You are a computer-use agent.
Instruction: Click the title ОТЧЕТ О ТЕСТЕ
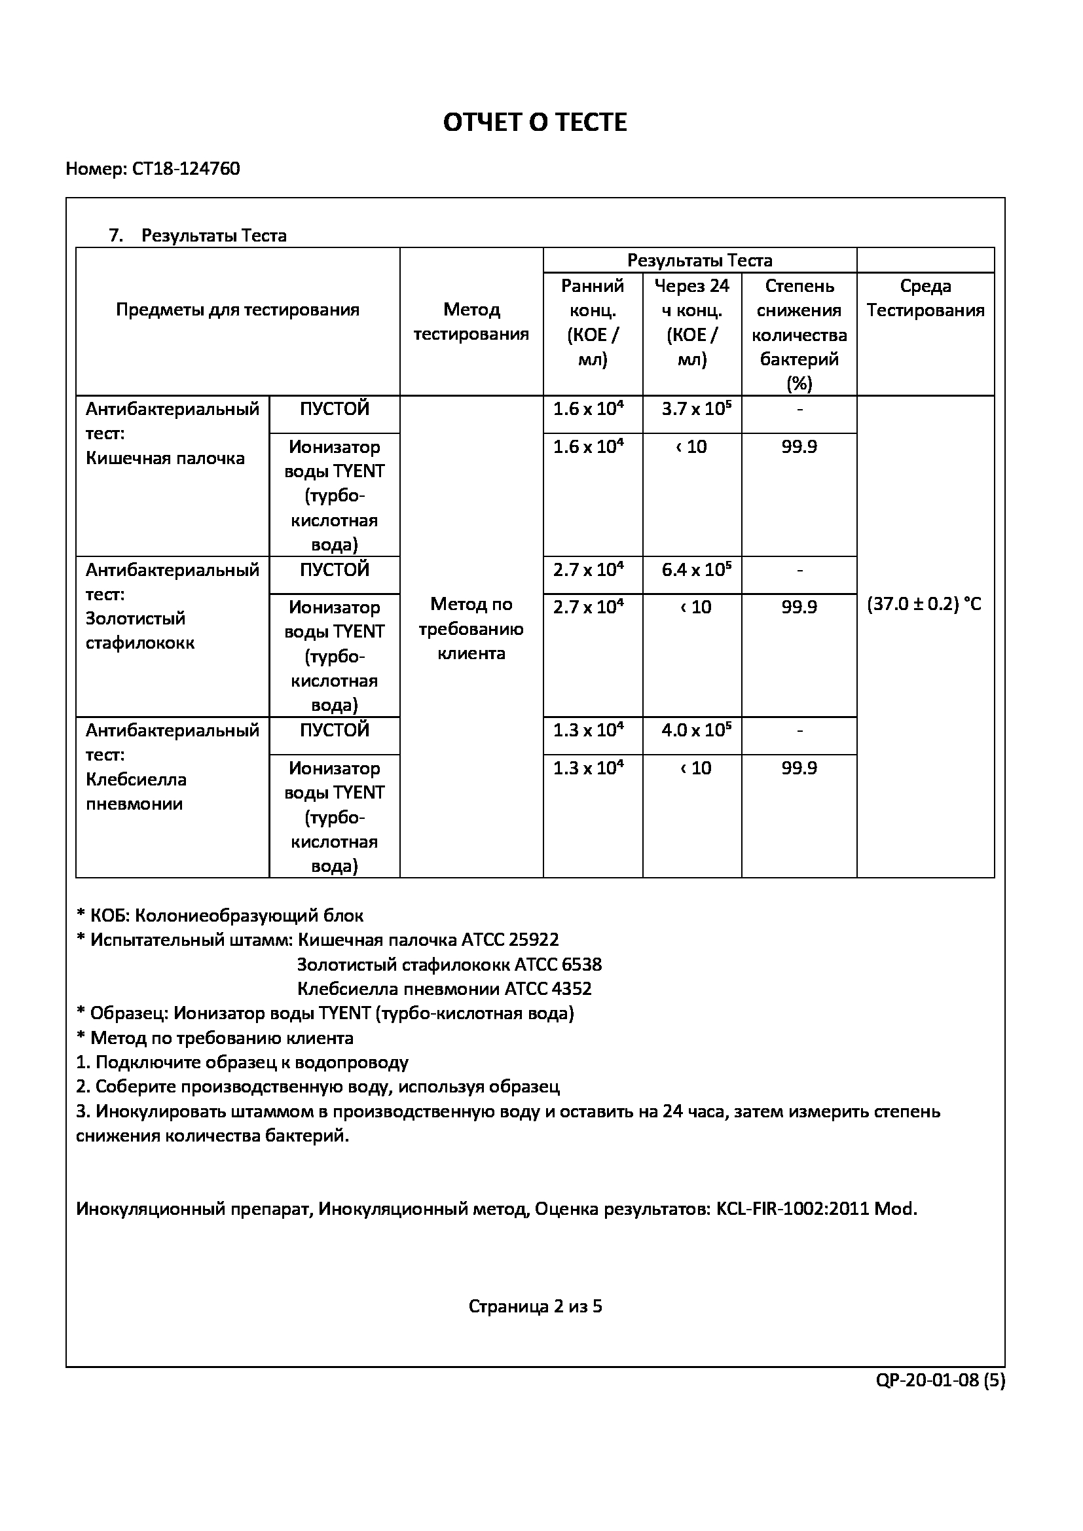tap(535, 122)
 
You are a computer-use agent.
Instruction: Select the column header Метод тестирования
tap(471, 321)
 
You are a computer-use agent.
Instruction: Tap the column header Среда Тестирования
tap(925, 298)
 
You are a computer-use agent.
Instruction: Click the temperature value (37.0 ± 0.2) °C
tap(925, 604)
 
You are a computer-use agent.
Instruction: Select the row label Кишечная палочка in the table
tap(165, 458)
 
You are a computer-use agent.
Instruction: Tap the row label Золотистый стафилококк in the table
tap(140, 631)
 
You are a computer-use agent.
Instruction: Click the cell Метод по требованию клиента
tap(471, 629)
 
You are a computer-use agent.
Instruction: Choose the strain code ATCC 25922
tap(509, 939)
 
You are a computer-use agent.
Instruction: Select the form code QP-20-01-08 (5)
tap(940, 1380)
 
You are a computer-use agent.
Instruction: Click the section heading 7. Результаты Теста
tap(197, 236)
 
